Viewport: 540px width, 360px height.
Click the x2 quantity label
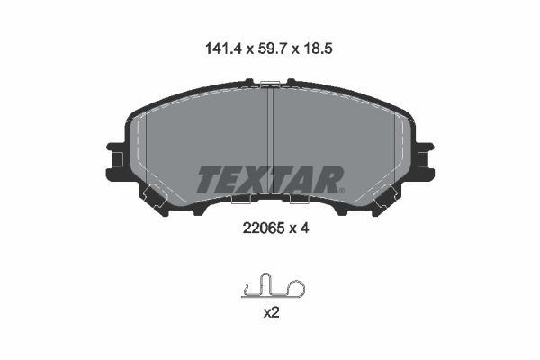pos(270,314)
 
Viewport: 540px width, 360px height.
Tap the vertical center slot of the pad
pos(270,135)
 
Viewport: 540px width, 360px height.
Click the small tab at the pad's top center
pos(270,83)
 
